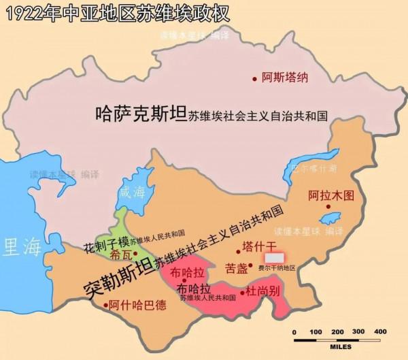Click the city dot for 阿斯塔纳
(x=255, y=78)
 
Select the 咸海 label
(x=132, y=192)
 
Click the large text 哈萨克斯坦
(x=141, y=114)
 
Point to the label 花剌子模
(x=105, y=242)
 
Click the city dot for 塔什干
(x=238, y=252)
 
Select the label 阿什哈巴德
(x=141, y=306)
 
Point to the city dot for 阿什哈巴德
(x=105, y=306)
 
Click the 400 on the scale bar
(x=380, y=331)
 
